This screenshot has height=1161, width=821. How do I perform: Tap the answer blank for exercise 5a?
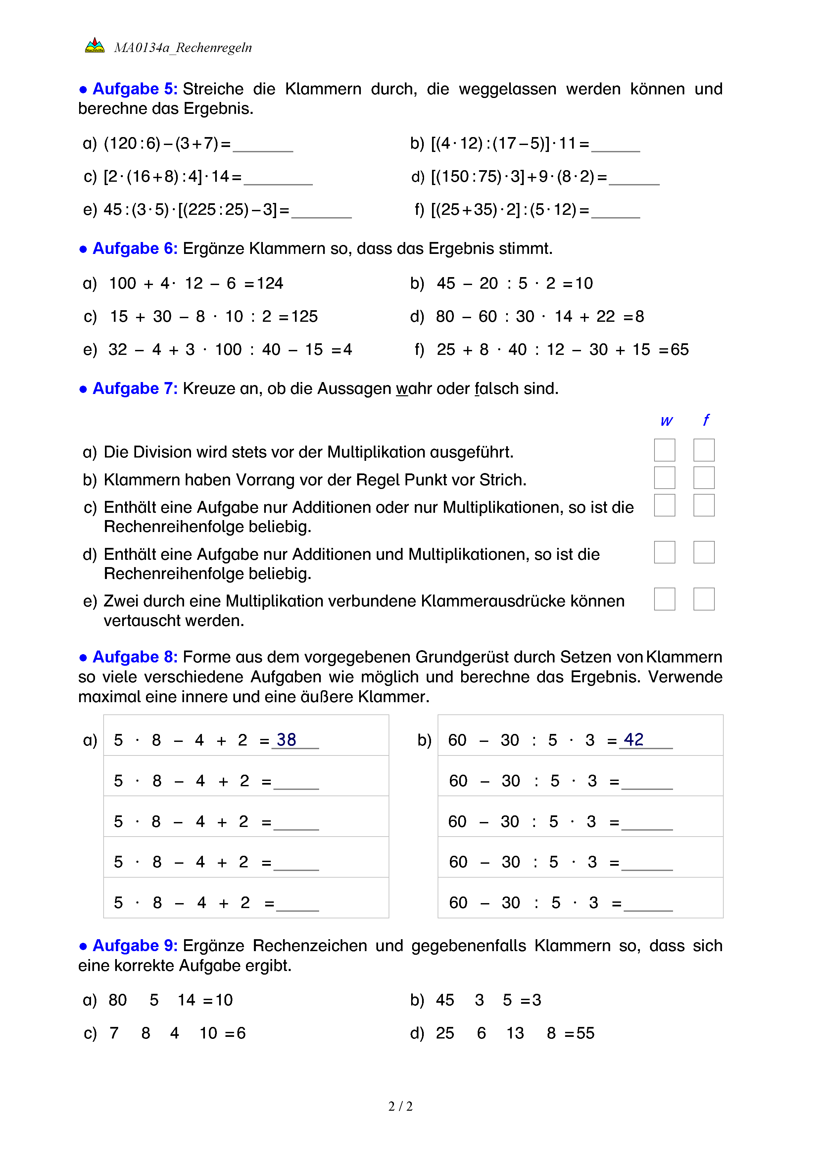tap(263, 145)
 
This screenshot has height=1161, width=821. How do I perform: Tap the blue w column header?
tap(666, 421)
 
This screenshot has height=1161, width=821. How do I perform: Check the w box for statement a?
tap(664, 450)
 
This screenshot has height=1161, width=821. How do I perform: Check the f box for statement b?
tap(704, 478)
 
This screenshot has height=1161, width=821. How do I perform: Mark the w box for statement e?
tap(664, 599)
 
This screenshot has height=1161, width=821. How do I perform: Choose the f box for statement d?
tap(704, 552)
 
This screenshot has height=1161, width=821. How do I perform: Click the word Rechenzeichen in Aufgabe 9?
tap(310, 945)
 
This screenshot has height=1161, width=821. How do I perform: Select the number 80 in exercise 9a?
tap(118, 1000)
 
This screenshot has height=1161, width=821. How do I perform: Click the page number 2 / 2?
tap(400, 1106)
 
